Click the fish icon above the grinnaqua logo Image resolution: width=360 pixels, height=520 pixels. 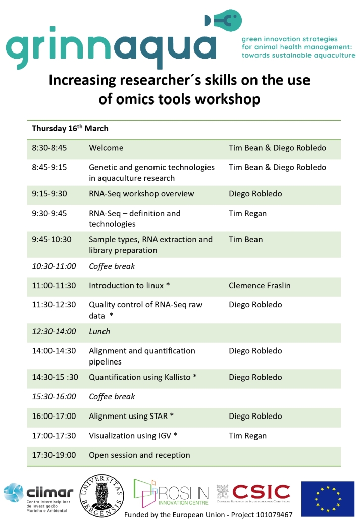[224, 20]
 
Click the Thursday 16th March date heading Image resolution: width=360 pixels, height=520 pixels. [70, 128]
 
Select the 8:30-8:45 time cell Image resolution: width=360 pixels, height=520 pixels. [49, 148]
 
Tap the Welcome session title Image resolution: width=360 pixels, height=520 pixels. [106, 148]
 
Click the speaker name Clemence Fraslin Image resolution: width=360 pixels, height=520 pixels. [260, 286]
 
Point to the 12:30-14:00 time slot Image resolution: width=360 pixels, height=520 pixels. [54, 331]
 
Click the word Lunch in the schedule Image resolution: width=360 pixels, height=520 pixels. [99, 331]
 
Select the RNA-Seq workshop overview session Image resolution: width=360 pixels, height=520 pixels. [141, 194]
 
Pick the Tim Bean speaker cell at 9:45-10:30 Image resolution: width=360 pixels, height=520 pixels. [245, 239]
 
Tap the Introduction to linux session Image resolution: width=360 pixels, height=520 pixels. [129, 286]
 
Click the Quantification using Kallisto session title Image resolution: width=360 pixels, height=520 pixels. [143, 377]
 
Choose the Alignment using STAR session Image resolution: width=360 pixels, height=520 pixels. [131, 416]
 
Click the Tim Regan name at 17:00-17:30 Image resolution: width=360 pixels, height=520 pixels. [247, 436]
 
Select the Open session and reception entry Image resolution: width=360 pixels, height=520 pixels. [139, 455]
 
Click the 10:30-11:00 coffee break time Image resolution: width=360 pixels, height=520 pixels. [54, 266]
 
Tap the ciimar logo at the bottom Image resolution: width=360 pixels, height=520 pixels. [38, 498]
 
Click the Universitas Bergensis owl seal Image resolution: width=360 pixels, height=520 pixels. [102, 495]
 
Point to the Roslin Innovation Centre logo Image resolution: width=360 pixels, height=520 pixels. [171, 493]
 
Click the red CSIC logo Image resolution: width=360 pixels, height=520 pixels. [254, 493]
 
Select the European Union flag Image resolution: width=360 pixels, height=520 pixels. [328, 498]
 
